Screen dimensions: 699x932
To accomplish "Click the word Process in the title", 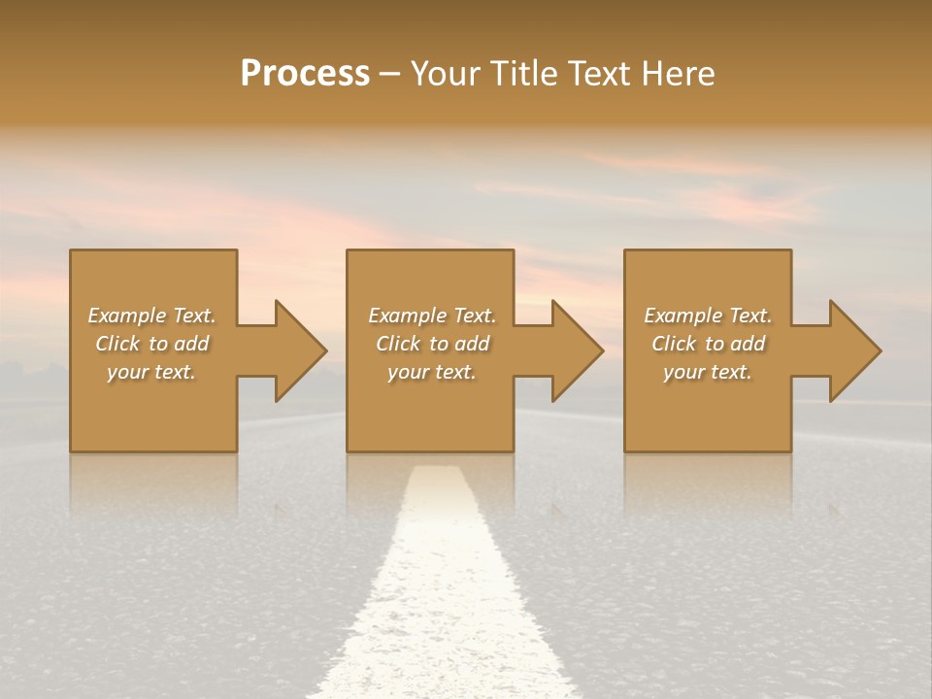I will [x=305, y=74].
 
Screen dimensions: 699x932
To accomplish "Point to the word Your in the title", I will [x=445, y=74].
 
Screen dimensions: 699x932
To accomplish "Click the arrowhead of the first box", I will [x=297, y=350].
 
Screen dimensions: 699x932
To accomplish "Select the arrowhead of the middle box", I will [x=575, y=350].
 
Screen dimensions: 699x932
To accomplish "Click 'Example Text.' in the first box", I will [x=151, y=316].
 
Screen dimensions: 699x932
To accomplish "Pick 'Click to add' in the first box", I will [x=151, y=344].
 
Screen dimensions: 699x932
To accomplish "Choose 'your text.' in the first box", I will [x=151, y=372].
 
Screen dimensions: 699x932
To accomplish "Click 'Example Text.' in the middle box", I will [x=431, y=316].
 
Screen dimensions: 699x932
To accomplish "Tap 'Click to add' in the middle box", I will [x=431, y=344].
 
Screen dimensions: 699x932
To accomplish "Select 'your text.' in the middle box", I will [x=431, y=372].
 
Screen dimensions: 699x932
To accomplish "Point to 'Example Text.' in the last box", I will [x=708, y=316].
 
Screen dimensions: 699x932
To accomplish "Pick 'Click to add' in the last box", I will [x=708, y=344].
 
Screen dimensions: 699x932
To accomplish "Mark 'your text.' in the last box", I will [x=708, y=372].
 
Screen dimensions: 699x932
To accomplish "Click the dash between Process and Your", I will [x=390, y=74].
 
